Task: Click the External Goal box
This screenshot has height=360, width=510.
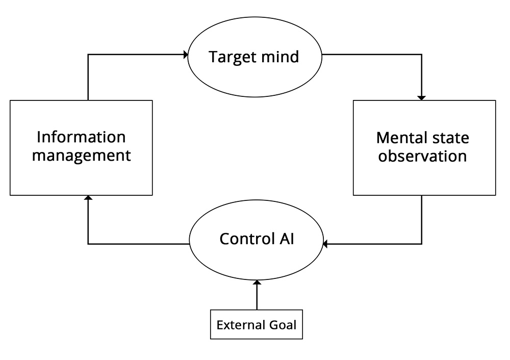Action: tap(257, 324)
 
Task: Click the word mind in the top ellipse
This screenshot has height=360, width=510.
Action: tap(280, 57)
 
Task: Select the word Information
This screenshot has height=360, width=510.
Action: tap(81, 137)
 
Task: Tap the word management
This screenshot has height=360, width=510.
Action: tap(81, 156)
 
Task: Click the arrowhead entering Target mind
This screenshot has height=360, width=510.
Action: tap(186, 55)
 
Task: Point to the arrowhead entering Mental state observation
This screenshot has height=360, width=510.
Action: tap(422, 98)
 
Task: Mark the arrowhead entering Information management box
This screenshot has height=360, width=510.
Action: tap(88, 197)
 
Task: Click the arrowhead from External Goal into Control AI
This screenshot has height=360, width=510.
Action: tap(257, 282)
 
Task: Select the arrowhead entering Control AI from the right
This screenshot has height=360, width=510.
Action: tap(325, 244)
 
